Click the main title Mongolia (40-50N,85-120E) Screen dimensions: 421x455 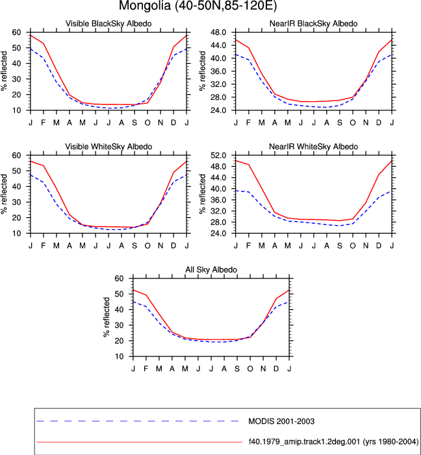tap(198, 5)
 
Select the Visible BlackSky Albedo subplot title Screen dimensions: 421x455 tap(108, 23)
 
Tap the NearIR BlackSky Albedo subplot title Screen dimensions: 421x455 tap(314, 23)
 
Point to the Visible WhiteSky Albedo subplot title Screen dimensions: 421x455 tap(108, 147)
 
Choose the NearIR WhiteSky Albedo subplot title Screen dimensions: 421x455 tap(314, 147)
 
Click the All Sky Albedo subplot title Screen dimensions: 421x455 tap(211, 269)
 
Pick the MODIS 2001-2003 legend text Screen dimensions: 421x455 tap(281, 421)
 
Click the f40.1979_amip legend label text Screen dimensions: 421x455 tap(333, 441)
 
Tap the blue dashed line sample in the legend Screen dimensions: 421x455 tap(138, 421)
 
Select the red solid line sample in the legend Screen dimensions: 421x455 tap(140, 442)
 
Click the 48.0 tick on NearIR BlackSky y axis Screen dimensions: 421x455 tap(219, 32)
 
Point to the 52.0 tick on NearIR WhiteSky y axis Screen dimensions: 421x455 tap(219, 155)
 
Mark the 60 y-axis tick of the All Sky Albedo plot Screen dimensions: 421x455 tap(119, 278)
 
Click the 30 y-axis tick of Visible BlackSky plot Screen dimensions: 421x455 tap(16, 79)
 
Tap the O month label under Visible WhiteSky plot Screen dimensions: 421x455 tap(147, 246)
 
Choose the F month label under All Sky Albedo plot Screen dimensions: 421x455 tap(146, 369)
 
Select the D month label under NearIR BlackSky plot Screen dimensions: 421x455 tap(379, 123)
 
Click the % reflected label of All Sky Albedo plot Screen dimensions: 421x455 tap(107, 317)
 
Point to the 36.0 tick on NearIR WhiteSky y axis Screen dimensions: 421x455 tap(219, 200)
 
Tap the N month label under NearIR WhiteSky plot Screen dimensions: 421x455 tap(366, 246)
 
